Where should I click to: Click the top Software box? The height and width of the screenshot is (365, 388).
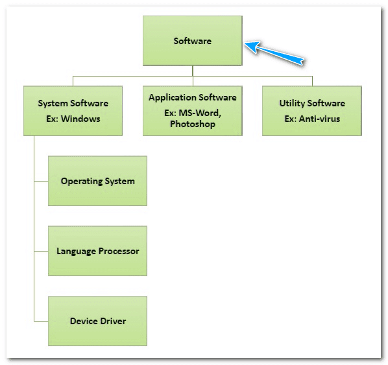pos(193,41)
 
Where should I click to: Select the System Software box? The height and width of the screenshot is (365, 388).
pos(73,111)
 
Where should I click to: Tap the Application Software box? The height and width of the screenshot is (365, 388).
pos(193,111)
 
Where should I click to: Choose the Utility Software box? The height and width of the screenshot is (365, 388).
pos(312,111)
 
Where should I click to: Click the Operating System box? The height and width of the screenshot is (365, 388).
pos(97,181)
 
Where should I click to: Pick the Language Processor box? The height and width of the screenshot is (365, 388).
pos(97,251)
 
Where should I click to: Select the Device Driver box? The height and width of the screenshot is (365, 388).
pos(97,321)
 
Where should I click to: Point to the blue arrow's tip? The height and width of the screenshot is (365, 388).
pos(246,44)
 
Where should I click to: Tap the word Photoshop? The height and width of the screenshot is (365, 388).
pos(193,124)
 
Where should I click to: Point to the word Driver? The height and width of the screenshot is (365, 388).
pos(112,321)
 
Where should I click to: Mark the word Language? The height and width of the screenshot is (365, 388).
pos(77,251)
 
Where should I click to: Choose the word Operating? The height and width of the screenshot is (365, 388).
pos(81,181)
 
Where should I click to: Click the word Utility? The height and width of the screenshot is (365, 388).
pos(292,104)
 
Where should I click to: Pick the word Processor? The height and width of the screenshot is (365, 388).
pos(119,251)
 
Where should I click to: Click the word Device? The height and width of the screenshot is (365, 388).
pos(83,321)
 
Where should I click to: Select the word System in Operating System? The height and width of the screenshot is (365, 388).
pos(119,181)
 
